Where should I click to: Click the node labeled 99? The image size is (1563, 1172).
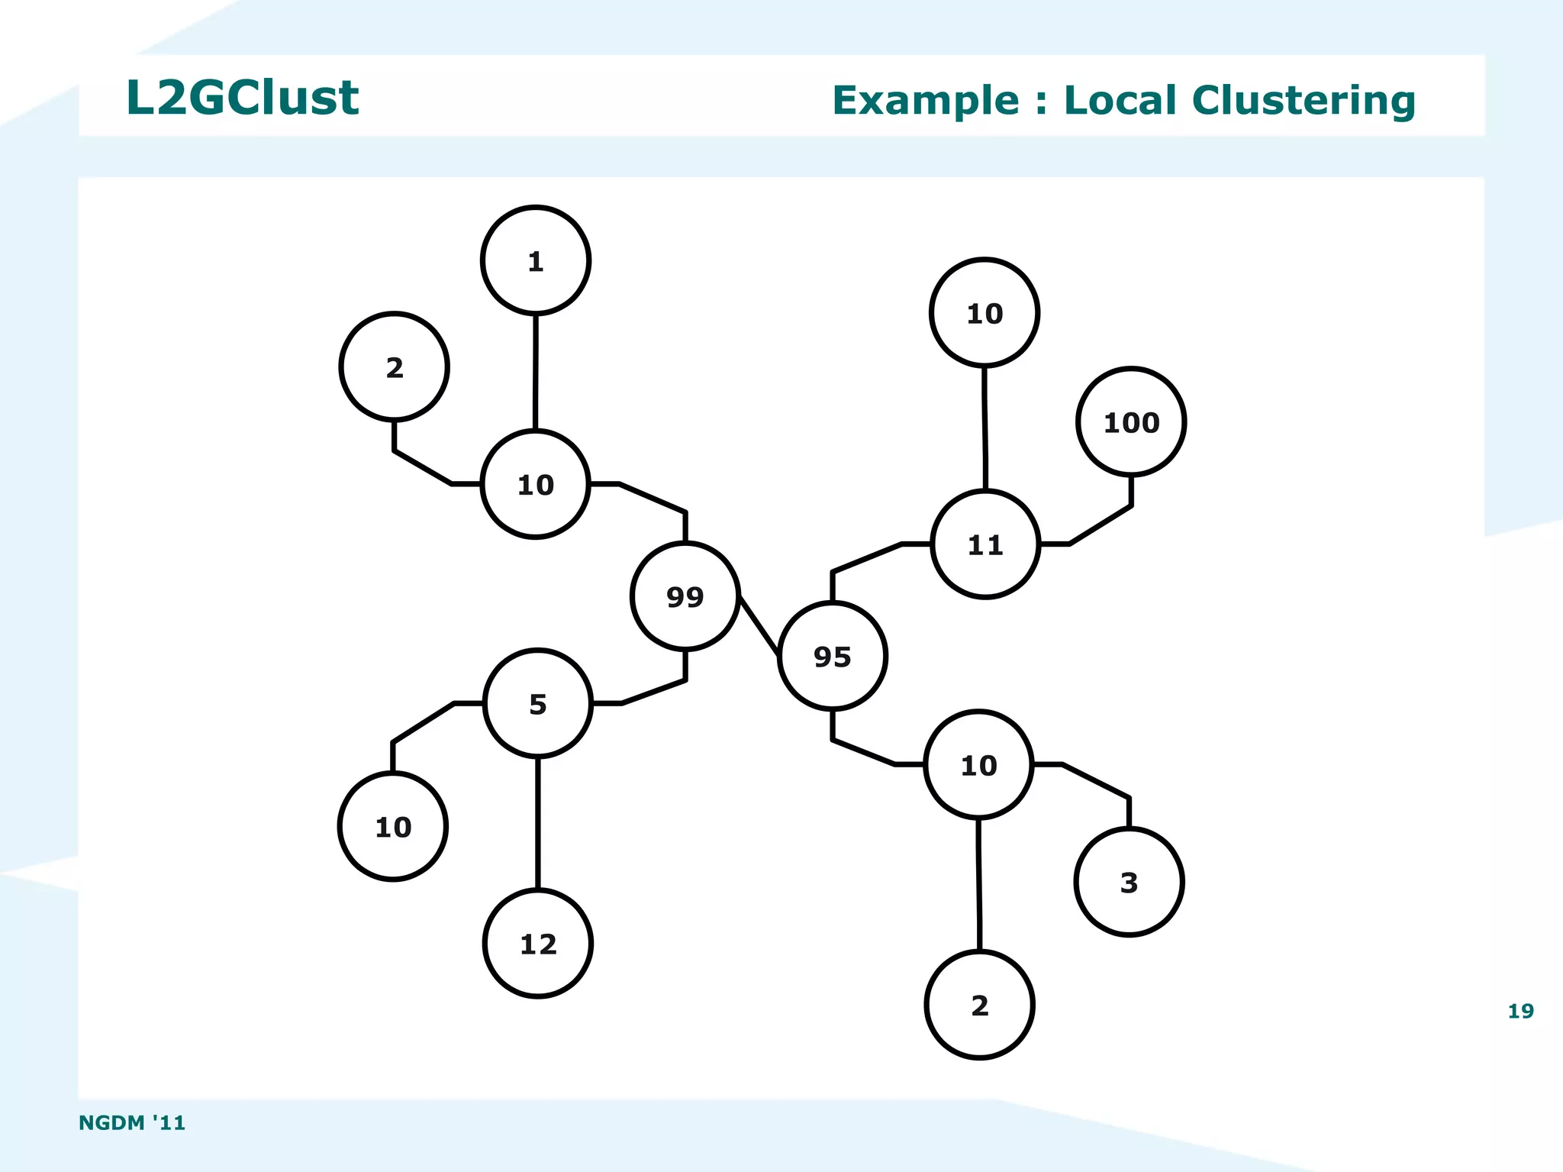pos(685,596)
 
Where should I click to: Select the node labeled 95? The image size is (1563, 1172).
pos(832,656)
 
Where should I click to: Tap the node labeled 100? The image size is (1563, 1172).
pos(1130,422)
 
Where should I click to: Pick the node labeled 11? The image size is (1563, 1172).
pos(985,544)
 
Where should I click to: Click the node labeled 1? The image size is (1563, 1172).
pos(535,260)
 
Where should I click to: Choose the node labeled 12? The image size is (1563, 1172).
pos(537,944)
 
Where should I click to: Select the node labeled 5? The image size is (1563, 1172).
pos(537,703)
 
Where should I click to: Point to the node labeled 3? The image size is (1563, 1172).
pos(1128,882)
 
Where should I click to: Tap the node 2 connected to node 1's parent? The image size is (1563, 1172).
pos(394,367)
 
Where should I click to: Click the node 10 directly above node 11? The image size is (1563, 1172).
pos(984,313)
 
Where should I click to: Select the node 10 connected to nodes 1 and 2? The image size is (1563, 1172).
pos(535,484)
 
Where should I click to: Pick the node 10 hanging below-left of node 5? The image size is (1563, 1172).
pos(392,826)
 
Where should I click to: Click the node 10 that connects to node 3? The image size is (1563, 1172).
pos(978,765)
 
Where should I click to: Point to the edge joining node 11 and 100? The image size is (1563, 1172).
pos(1100,525)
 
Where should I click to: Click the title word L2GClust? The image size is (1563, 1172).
pos(242,98)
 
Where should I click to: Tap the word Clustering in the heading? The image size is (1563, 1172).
pos(1303,100)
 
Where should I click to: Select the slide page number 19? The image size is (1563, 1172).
pos(1519,1011)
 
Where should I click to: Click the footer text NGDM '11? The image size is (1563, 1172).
pos(132,1122)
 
